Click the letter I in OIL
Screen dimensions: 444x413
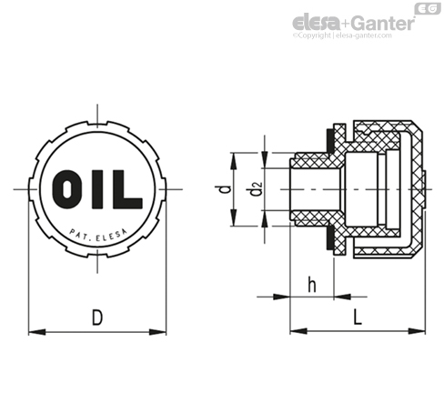pos(97,189)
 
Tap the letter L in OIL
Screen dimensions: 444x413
pos(127,189)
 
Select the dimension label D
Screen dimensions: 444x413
pos(97,317)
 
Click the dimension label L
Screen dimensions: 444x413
pos(358,317)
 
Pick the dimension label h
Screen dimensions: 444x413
pos(312,285)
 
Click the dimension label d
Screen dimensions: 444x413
pos(223,189)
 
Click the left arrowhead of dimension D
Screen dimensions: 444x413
pos(36,332)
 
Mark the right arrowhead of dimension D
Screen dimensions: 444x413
pos(158,332)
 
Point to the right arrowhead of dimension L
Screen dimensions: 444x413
pos(417,331)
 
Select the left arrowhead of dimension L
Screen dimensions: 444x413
pos(298,331)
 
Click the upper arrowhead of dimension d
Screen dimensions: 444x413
pos(234,161)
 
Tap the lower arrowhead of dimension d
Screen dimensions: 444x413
pos(234,217)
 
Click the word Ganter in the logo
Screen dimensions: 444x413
pos(384,23)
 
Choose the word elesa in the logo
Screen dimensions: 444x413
pos(316,23)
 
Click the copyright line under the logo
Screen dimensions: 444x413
pos(342,35)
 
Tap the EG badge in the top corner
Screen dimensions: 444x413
pos(428,9)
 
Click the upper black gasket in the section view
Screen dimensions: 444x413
pos(328,140)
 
